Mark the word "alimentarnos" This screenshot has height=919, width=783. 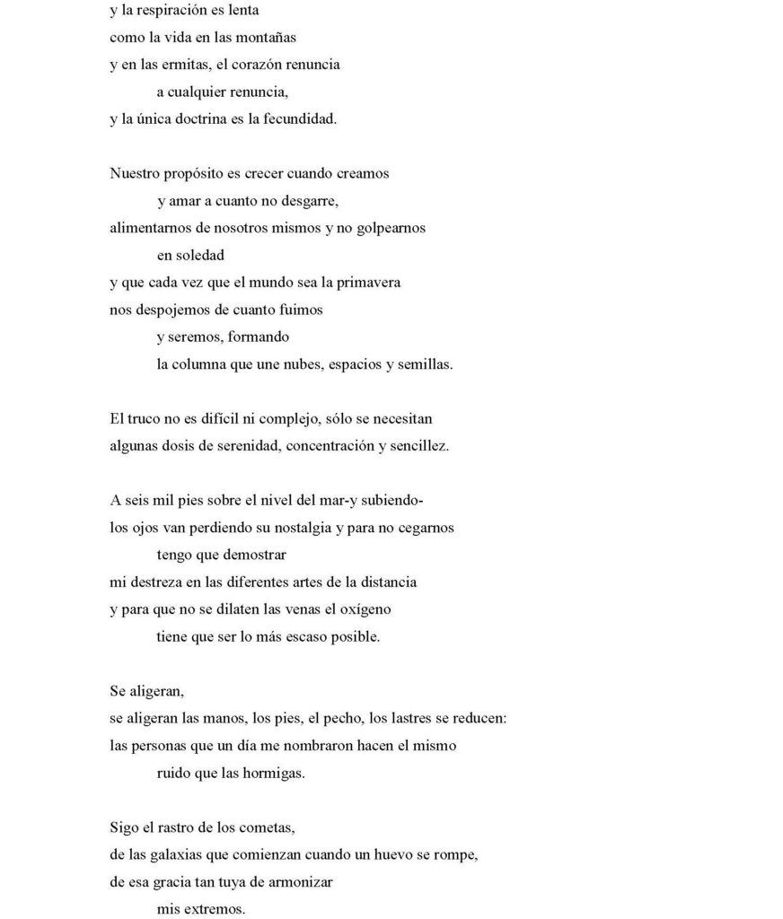[x=150, y=228]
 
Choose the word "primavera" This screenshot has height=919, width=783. [x=365, y=282]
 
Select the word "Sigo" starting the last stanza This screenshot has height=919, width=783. [x=125, y=827]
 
